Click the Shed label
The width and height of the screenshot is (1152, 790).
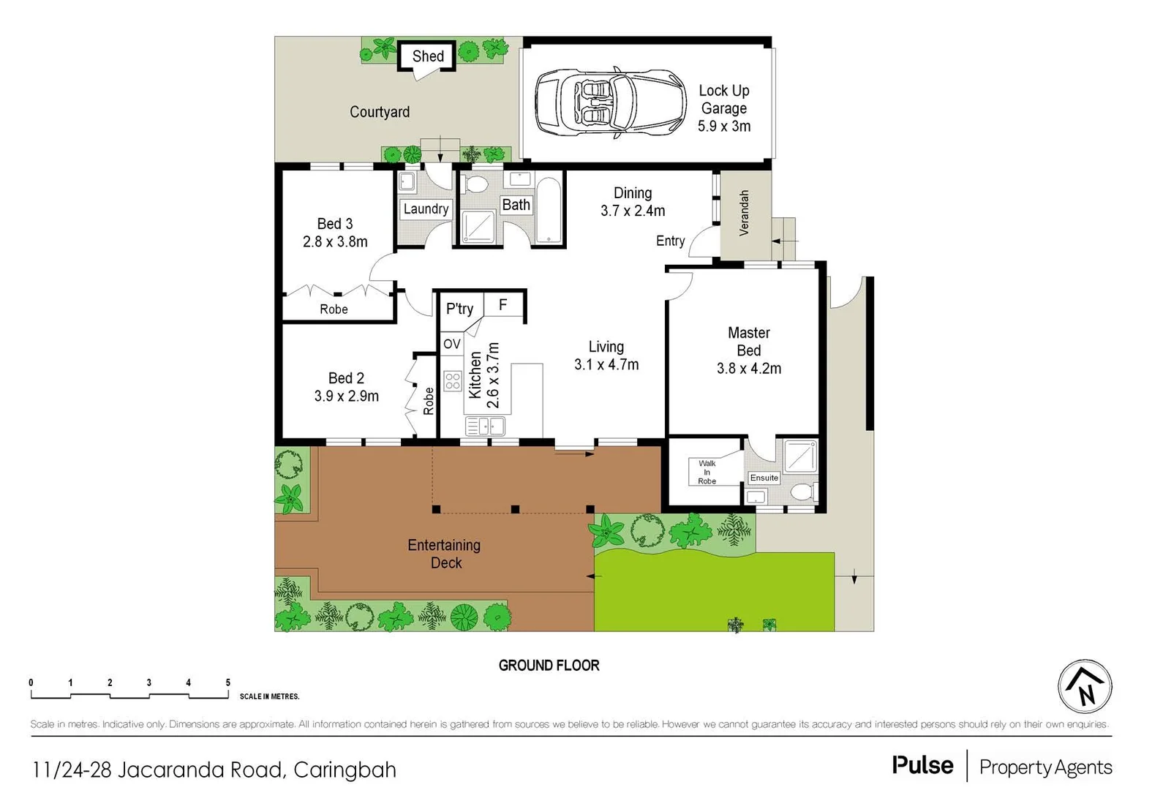[x=428, y=56]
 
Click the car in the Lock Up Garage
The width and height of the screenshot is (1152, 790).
[x=610, y=102]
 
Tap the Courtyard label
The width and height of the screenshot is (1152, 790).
[x=379, y=112]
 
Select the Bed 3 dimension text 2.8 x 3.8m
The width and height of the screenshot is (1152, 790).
[x=335, y=241]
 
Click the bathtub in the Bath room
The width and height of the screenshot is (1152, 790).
[x=549, y=209]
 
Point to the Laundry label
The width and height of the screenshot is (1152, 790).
[x=426, y=209]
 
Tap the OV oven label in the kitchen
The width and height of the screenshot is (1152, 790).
[x=451, y=344]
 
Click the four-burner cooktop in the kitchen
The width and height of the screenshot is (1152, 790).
[x=453, y=380]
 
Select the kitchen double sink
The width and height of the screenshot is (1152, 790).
[x=484, y=426]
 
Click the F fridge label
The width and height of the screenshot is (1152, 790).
[x=503, y=304]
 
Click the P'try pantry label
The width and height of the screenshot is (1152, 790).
[x=459, y=309]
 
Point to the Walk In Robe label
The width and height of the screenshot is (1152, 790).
[x=707, y=472]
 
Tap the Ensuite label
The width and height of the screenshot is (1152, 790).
[x=764, y=478]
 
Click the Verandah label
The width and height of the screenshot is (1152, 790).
[x=745, y=213]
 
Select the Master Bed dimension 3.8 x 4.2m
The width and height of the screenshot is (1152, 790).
[x=748, y=369]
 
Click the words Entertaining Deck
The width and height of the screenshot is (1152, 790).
[x=444, y=554]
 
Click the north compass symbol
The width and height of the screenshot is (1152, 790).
[x=1085, y=686]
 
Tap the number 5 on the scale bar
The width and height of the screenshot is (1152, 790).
[x=228, y=682]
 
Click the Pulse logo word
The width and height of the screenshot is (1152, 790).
[x=922, y=766]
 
